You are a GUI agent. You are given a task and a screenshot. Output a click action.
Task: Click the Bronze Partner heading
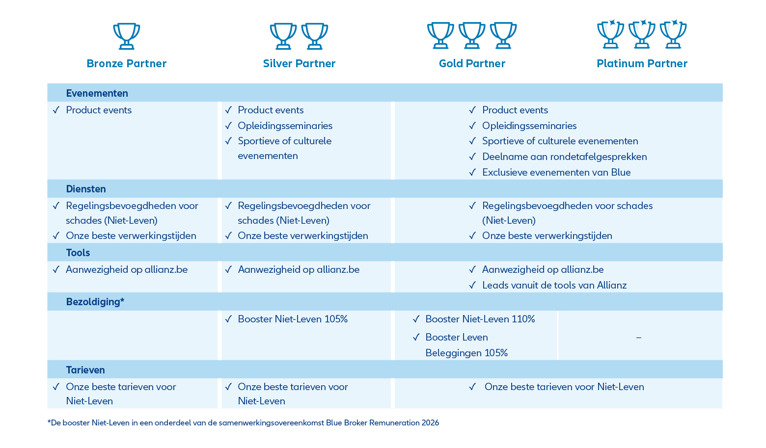[127, 64]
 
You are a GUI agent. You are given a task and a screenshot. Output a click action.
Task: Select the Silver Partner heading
[299, 64]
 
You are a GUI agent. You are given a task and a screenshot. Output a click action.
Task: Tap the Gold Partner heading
[472, 64]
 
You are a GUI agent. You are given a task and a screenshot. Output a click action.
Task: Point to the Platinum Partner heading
[642, 64]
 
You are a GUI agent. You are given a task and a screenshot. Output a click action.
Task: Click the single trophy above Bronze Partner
[127, 36]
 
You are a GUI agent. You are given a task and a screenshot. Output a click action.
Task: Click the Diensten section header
[86, 189]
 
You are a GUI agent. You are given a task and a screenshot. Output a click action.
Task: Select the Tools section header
[78, 253]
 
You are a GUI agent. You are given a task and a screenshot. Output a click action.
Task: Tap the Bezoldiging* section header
[95, 302]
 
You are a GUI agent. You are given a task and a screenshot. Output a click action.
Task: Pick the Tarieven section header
[85, 370]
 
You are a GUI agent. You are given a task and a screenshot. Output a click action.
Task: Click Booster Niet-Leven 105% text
[293, 319]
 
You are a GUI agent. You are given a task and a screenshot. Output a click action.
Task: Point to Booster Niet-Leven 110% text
[480, 319]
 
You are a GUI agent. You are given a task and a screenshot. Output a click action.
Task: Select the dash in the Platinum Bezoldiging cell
[638, 338]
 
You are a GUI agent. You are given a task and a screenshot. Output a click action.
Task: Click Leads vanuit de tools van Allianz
[554, 285]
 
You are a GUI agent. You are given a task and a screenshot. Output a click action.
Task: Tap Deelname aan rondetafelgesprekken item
[564, 157]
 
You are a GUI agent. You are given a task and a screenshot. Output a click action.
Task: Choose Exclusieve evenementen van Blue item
[556, 173]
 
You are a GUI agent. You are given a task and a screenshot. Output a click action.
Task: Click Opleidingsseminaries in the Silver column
[285, 126]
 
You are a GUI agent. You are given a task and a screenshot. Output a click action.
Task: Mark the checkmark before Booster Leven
[416, 337]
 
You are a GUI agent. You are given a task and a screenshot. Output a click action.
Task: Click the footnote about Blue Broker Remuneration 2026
[244, 423]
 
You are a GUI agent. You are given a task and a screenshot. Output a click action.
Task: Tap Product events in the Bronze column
[99, 110]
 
